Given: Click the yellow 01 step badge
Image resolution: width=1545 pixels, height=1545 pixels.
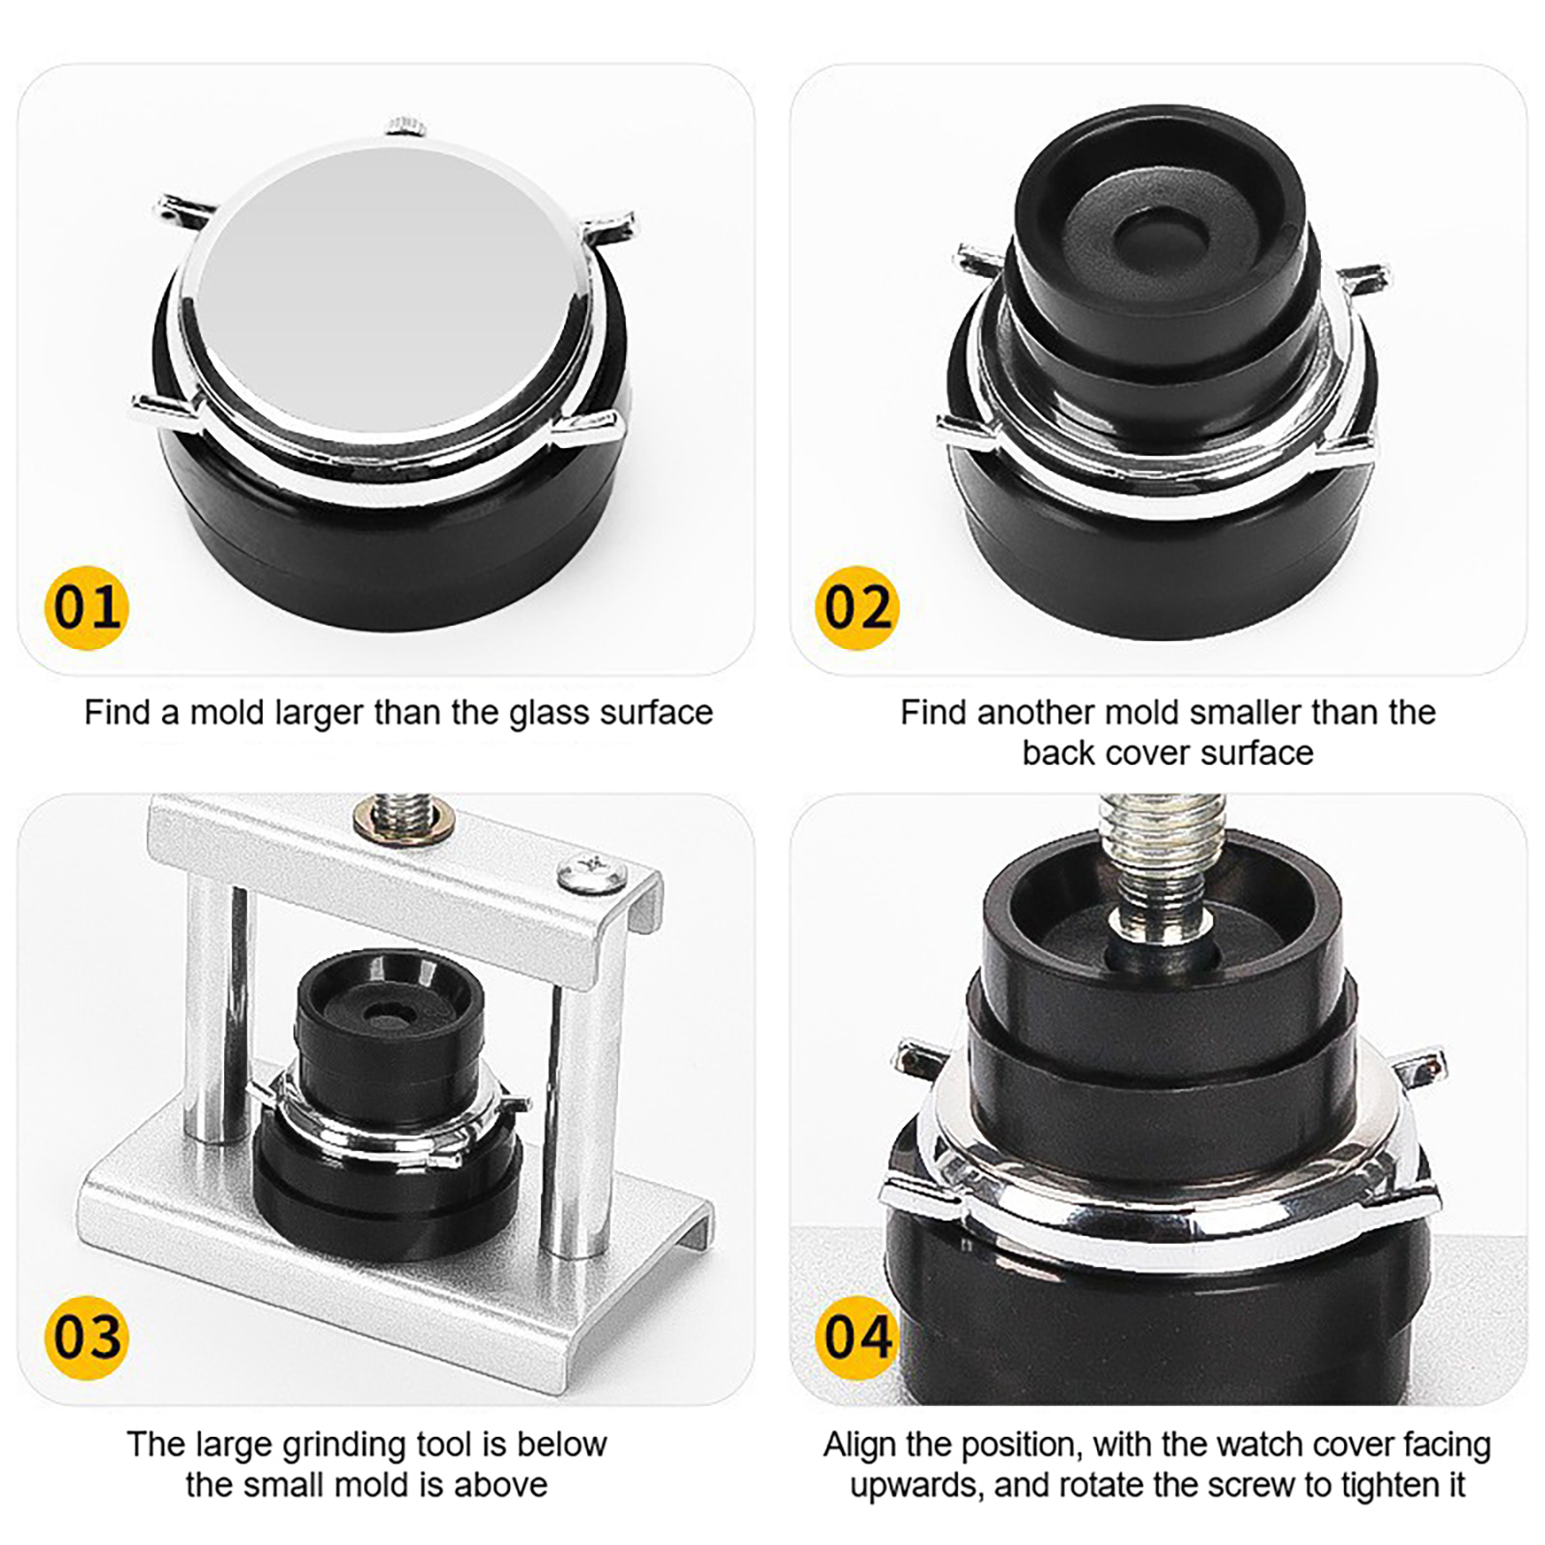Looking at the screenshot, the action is pyautogui.click(x=87, y=607).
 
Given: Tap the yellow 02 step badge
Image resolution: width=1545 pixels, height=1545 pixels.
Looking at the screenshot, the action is pyautogui.click(x=857, y=607).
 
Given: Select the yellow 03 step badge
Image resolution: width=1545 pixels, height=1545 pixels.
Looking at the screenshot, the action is pyautogui.click(x=87, y=1337).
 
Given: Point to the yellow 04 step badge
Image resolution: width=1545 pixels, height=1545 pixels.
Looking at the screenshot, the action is pyautogui.click(x=857, y=1337).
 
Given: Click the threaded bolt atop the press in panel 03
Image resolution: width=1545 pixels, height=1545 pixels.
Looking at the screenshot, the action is pyautogui.click(x=404, y=816).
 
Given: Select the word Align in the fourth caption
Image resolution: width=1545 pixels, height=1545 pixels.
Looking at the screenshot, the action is pyautogui.click(x=860, y=1445).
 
